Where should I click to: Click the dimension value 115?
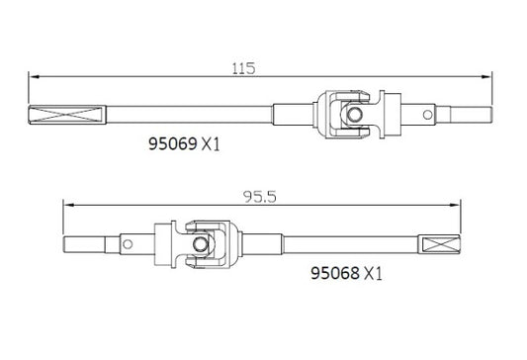[243, 68]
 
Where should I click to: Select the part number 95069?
[170, 142]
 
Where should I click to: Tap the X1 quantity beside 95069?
[210, 142]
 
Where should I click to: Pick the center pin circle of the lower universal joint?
[201, 244]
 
